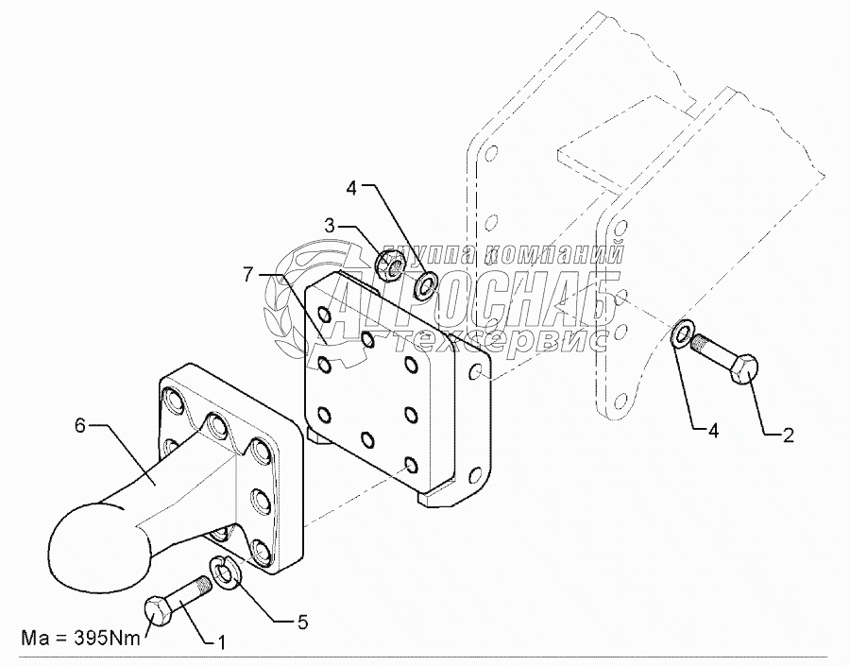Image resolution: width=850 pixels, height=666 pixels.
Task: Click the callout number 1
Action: coord(221,644)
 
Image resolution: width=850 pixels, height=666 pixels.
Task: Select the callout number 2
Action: coord(788,435)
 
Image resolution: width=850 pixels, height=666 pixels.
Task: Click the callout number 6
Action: coord(80,426)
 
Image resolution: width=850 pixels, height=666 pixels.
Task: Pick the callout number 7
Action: coord(247,275)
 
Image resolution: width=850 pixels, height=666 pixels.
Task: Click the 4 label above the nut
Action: coord(350,188)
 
